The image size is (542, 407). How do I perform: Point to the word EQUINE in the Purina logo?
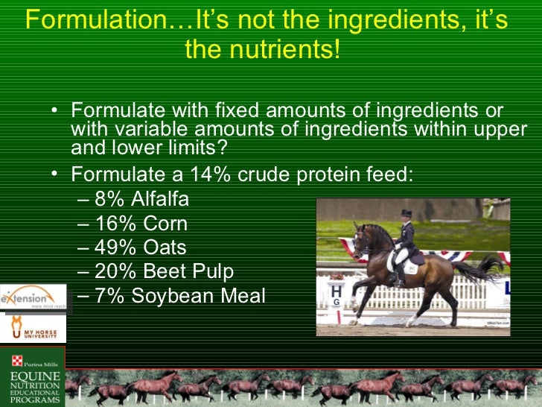[x=34, y=375]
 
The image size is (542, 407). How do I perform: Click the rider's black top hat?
[x=406, y=214]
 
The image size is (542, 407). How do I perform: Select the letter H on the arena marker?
[x=337, y=291]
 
